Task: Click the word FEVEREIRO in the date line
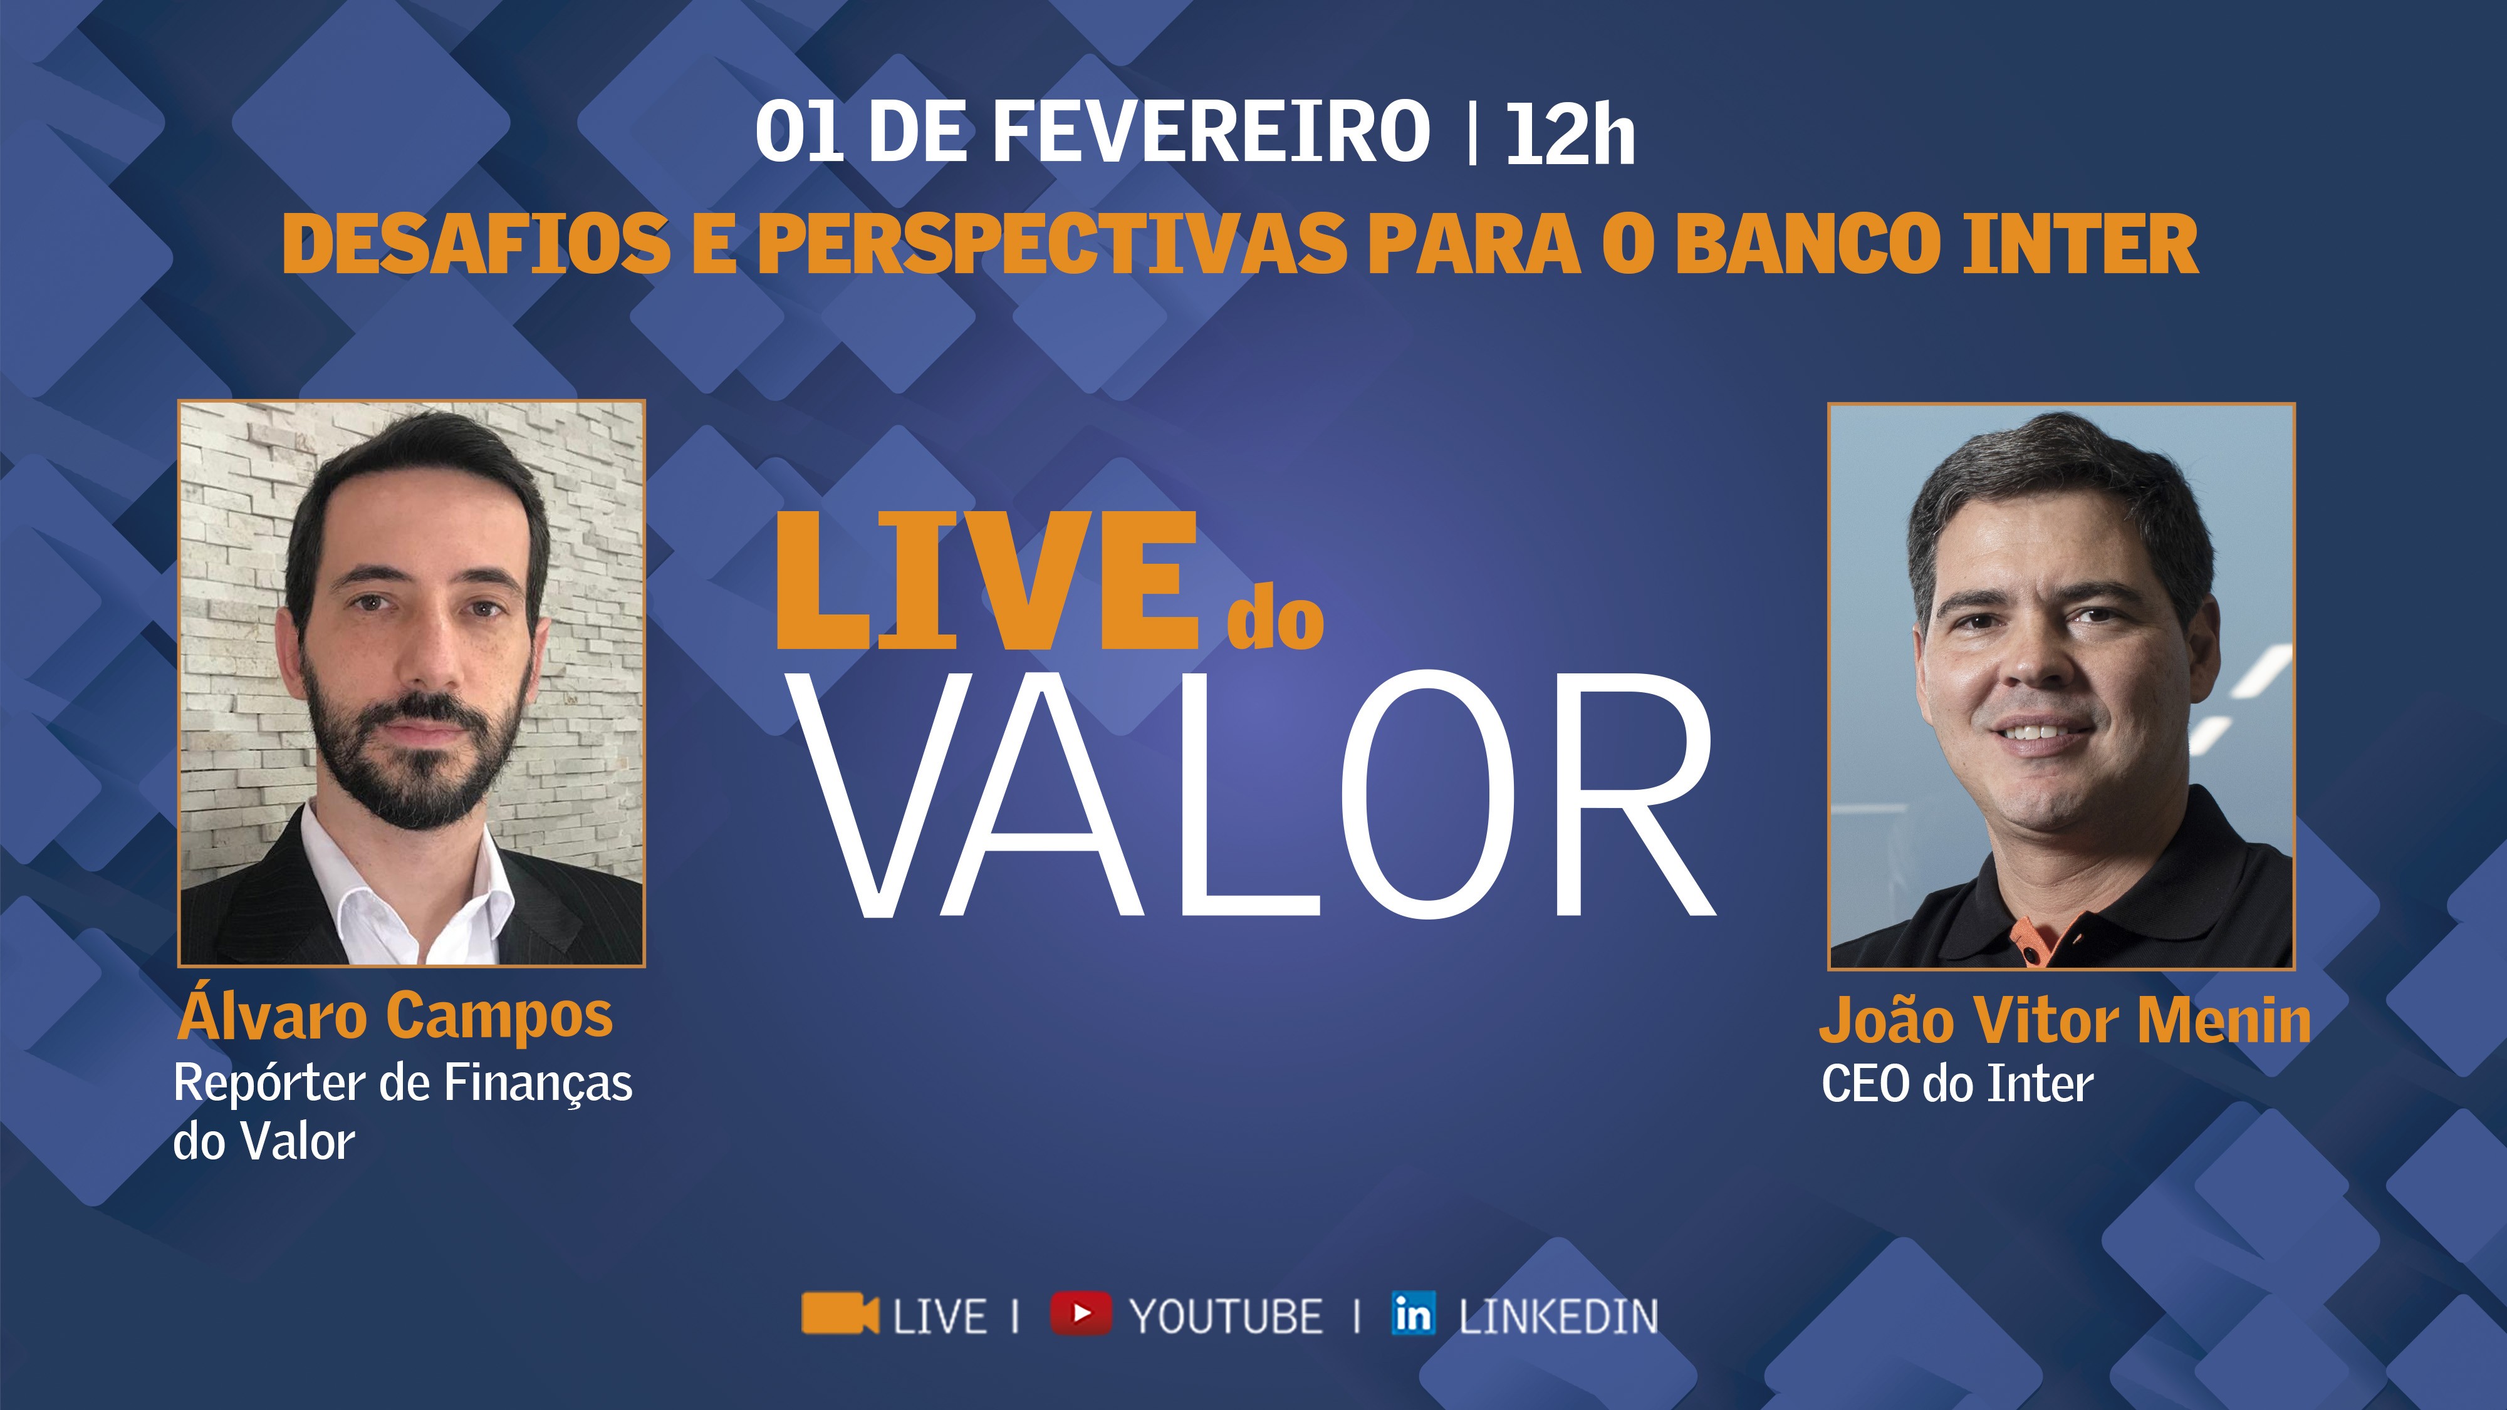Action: pyautogui.click(x=1211, y=132)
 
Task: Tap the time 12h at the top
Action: pyautogui.click(x=1570, y=135)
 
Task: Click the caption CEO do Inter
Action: pyautogui.click(x=1957, y=1084)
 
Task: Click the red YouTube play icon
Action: pyautogui.click(x=1080, y=1313)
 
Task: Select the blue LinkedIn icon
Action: pyautogui.click(x=1413, y=1313)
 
